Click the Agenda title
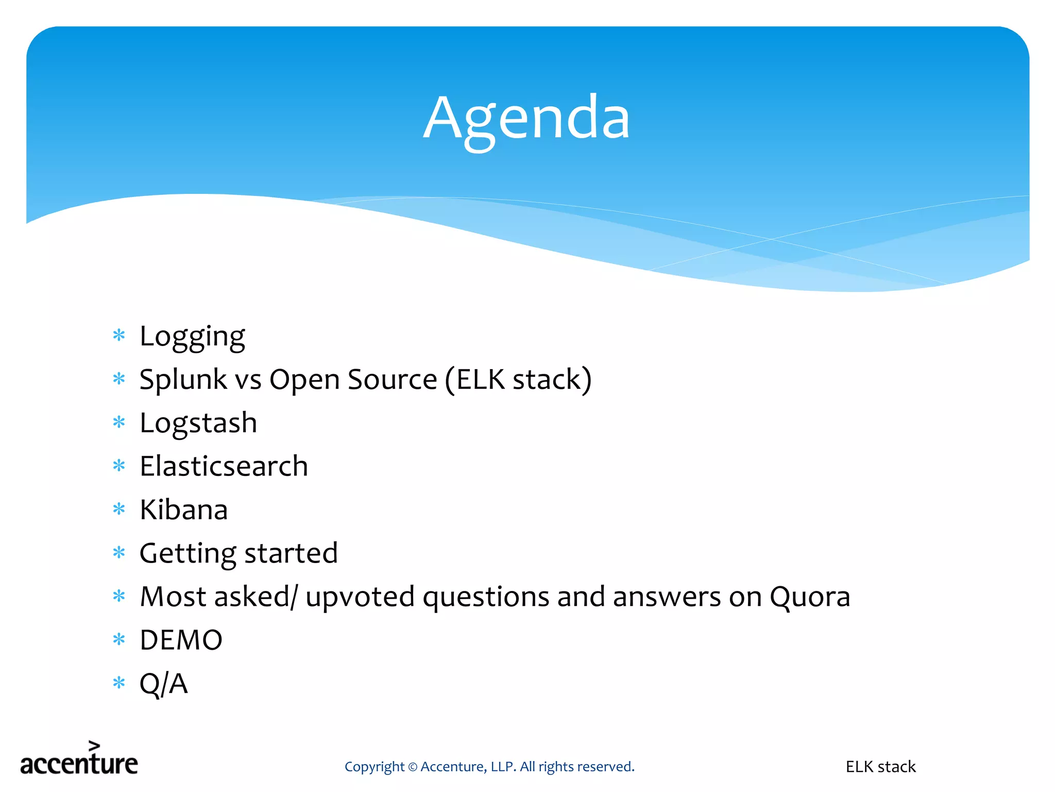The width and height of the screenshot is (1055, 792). tap(526, 120)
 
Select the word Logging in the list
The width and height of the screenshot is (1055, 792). tap(192, 337)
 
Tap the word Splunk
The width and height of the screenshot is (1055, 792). tap(183, 381)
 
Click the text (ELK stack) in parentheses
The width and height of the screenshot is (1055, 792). tap(518, 381)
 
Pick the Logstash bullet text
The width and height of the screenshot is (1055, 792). tap(198, 424)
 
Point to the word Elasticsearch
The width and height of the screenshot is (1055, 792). tap(224, 467)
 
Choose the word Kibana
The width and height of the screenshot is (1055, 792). tap(183, 510)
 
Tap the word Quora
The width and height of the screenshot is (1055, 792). tap(809, 598)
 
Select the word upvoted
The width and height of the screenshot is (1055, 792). tap(360, 598)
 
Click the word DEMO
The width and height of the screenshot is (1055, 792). tap(181, 640)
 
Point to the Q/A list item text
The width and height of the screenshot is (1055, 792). tap(163, 684)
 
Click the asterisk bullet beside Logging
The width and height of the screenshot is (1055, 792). tap(119, 336)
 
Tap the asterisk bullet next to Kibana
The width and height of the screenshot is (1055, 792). tap(119, 509)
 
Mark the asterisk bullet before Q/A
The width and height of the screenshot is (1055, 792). tap(119, 683)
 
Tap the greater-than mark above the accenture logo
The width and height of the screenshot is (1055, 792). tap(94, 746)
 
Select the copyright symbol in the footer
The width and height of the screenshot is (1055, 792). tap(412, 767)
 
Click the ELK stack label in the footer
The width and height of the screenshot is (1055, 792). tap(880, 767)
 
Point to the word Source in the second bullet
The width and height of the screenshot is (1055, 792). tap(392, 381)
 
